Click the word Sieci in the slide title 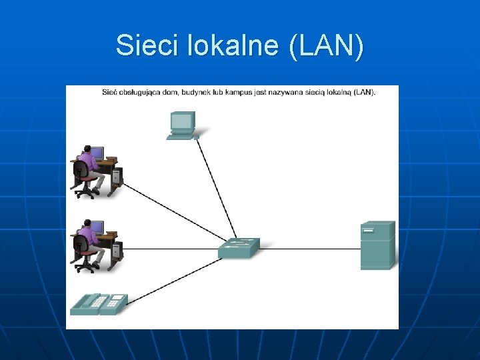138,46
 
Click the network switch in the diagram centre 238,248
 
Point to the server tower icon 377,245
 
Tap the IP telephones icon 99,304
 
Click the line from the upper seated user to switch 173,214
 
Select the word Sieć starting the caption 110,92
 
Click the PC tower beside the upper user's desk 117,177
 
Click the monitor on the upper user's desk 97,153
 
